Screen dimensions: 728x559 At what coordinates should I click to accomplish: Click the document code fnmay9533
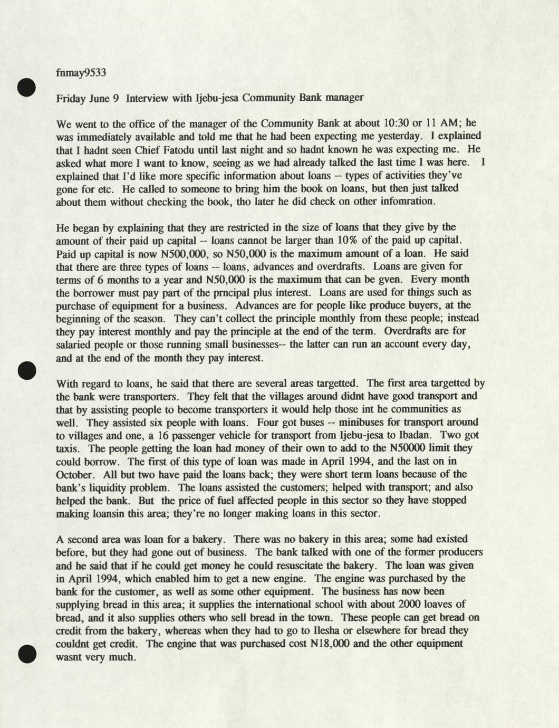click(81, 72)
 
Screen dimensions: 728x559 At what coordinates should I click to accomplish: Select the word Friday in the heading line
click(71, 98)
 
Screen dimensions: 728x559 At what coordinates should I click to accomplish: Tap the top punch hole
click(26, 88)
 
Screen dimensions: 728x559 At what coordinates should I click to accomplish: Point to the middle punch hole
click(26, 370)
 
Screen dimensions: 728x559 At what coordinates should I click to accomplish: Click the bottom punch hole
click(26, 653)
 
